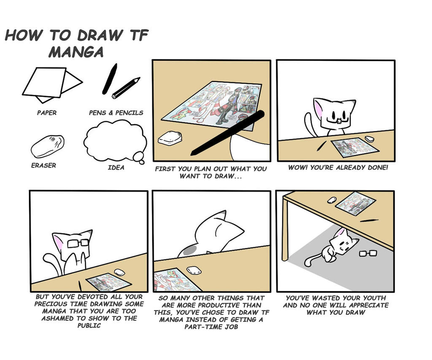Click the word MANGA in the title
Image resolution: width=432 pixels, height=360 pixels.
click(x=76, y=52)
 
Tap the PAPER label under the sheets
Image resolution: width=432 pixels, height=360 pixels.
click(x=47, y=113)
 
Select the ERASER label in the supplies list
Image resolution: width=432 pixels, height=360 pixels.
click(x=43, y=165)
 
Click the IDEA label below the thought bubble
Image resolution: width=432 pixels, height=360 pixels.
click(x=116, y=167)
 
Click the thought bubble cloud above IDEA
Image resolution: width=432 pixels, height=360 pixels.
click(x=115, y=141)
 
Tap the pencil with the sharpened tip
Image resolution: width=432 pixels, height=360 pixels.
click(x=126, y=88)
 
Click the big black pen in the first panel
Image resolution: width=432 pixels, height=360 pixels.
click(x=227, y=133)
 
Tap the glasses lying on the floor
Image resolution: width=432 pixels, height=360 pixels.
click(x=368, y=253)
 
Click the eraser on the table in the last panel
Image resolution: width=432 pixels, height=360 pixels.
click(x=332, y=200)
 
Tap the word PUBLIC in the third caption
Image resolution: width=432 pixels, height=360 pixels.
click(x=89, y=325)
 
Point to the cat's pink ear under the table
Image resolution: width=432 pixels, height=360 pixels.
click(x=341, y=233)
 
